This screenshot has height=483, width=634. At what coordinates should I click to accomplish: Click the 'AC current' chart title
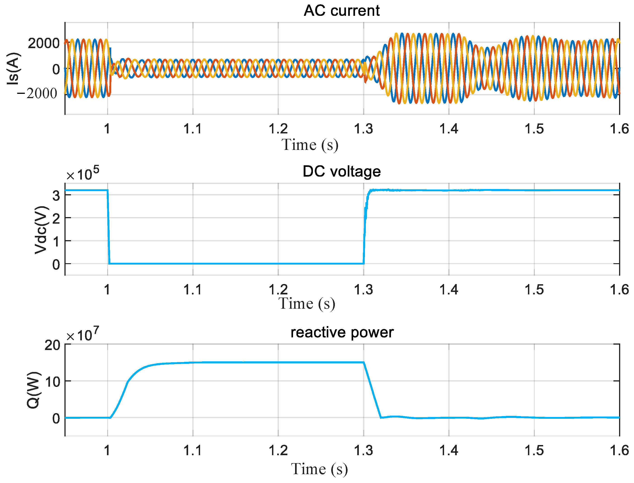pyautogui.click(x=341, y=11)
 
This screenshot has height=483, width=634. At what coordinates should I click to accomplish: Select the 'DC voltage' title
pyautogui.click(x=341, y=172)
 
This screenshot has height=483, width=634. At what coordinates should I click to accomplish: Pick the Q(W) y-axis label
pyautogui.click(x=33, y=390)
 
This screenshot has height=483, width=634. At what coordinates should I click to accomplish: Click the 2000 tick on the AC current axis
pyautogui.click(x=44, y=44)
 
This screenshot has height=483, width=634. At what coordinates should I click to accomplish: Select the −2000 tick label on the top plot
pyautogui.click(x=37, y=94)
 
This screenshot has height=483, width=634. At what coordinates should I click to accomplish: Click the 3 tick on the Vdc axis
pyautogui.click(x=56, y=196)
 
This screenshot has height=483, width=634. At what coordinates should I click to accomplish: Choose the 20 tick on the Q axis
pyautogui.click(x=52, y=345)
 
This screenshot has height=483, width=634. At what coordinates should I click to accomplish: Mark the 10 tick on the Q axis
pyautogui.click(x=52, y=382)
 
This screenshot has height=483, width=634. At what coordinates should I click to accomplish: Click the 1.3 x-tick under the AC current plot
pyautogui.click(x=363, y=129)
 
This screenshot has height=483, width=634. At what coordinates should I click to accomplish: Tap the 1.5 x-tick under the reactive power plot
pyautogui.click(x=534, y=450)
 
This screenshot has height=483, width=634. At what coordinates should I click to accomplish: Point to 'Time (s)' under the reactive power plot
pyautogui.click(x=319, y=469)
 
